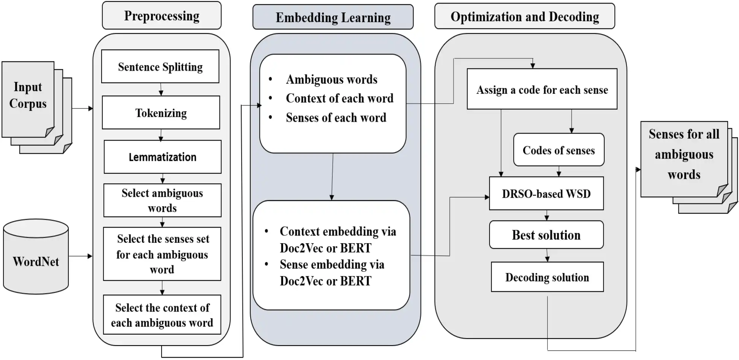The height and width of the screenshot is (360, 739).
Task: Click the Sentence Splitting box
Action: click(160, 66)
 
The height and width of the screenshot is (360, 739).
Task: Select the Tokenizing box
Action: click(161, 112)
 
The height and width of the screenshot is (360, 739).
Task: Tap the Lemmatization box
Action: click(162, 157)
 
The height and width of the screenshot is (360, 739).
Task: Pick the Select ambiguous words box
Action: click(162, 200)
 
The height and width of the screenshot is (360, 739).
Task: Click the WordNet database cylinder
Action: click(36, 256)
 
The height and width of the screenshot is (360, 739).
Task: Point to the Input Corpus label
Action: click(28, 95)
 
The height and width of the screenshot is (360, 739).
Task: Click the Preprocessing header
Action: click(162, 16)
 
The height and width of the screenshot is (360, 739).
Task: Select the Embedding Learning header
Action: click(333, 17)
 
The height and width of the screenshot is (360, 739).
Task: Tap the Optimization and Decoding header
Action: click(525, 16)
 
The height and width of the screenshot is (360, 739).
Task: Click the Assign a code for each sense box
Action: click(542, 89)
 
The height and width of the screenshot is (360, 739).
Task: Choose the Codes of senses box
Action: click(559, 150)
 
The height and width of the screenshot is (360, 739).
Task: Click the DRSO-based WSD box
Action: click(546, 193)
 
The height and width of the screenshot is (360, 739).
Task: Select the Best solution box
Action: click(546, 235)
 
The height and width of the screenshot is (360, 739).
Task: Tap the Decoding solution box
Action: click(547, 277)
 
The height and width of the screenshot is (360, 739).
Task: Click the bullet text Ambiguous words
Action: click(331, 79)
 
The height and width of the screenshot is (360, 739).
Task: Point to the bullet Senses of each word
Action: click(336, 118)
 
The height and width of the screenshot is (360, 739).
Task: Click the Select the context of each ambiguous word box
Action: click(162, 315)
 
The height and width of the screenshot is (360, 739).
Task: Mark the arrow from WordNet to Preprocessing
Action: click(81, 256)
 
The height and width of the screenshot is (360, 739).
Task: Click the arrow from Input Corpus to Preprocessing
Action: click(83, 108)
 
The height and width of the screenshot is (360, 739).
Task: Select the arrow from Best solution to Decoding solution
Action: click(547, 255)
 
